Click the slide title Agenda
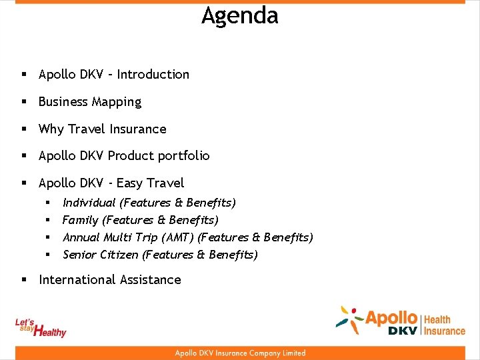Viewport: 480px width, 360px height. pos(240,15)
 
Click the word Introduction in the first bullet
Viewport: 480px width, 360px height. pos(153,75)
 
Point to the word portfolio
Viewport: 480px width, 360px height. pos(183,156)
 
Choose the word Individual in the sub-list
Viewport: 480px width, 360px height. pos(89,202)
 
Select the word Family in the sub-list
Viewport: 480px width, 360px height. pos(79,219)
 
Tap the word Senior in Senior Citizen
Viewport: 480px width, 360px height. pos(79,254)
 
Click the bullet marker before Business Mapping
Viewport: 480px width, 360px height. pos(24,102)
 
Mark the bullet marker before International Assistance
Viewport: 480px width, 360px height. pos(24,280)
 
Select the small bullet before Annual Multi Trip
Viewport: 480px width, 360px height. pos(48,237)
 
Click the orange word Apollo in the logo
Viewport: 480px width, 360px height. pos(391,318)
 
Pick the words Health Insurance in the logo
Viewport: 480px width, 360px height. pos(445,325)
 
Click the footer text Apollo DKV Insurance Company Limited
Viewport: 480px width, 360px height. pos(240,353)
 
